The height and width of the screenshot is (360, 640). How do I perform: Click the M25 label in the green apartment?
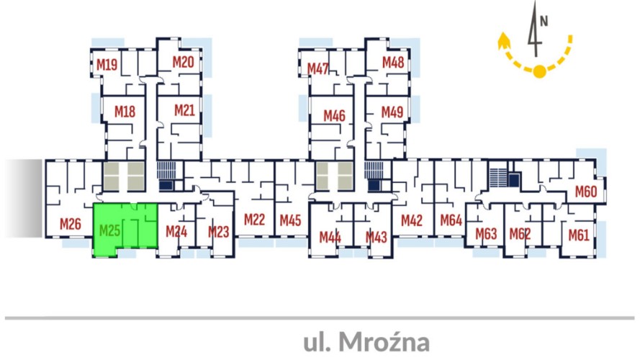pos(109,230)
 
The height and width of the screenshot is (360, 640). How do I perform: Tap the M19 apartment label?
pos(107,65)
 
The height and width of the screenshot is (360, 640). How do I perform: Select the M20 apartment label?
pos(183,62)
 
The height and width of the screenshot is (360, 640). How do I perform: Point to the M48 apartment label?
pos(393,63)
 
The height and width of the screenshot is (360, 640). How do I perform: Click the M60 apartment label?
pos(586,192)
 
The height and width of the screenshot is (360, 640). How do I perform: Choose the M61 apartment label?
pos(579,235)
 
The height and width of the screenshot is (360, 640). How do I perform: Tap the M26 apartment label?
pos(71,224)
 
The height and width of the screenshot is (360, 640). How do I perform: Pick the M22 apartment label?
pos(255,220)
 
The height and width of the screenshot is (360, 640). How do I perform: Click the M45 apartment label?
pos(290,220)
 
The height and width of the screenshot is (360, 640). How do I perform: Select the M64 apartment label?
pos(451,220)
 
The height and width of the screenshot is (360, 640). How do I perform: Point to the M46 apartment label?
pos(334,115)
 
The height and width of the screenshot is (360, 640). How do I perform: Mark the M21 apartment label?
pos(184,110)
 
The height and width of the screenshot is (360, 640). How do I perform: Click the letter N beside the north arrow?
pos(544,21)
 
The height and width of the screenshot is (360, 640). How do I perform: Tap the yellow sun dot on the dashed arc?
pos(540,71)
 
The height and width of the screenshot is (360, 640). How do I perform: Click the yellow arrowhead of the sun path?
pos(504,40)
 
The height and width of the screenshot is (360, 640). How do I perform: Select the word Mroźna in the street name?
pos(384,342)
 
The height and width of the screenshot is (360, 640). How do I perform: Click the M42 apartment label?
pos(412,220)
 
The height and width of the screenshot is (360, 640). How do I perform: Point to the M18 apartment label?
pos(125,112)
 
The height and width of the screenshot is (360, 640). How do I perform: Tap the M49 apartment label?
pos(392,112)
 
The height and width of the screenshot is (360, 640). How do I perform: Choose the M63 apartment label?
pos(486,234)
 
